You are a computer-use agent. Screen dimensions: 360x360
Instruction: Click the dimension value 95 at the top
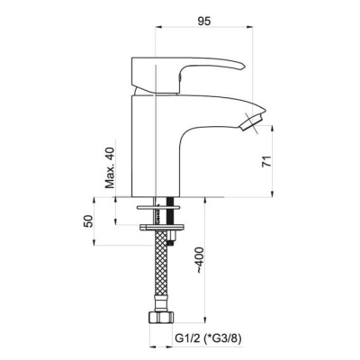tap(204, 21)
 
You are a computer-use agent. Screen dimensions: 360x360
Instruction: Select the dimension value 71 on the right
tap(266, 161)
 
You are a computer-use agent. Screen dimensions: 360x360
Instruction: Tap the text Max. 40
tap(111, 167)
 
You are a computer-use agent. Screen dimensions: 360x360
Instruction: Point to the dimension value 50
tap(88, 221)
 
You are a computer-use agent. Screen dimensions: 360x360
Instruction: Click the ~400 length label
tap(200, 260)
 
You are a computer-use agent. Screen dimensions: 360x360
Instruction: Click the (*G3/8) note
tap(222, 338)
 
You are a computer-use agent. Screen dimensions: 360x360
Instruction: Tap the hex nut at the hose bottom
tap(161, 317)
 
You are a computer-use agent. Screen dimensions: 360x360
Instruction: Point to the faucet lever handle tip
tap(243, 67)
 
